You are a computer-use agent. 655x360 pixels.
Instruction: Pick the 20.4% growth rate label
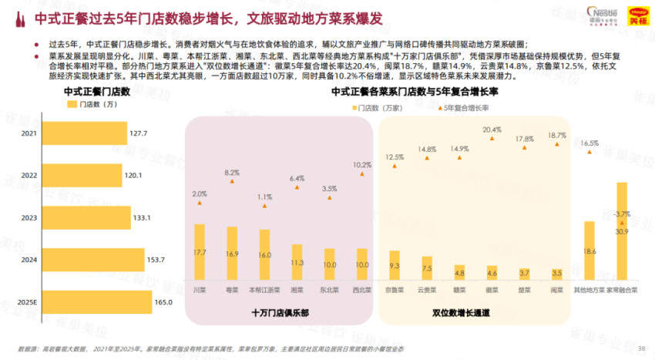(x=492, y=130)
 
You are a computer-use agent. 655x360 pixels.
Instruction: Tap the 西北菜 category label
(x=362, y=291)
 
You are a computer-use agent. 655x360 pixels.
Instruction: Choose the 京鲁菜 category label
(x=395, y=291)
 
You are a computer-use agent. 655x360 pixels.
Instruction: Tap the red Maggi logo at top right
(x=637, y=13)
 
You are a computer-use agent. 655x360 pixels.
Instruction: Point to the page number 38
(x=641, y=348)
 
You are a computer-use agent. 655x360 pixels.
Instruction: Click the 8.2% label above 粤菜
(x=232, y=173)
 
